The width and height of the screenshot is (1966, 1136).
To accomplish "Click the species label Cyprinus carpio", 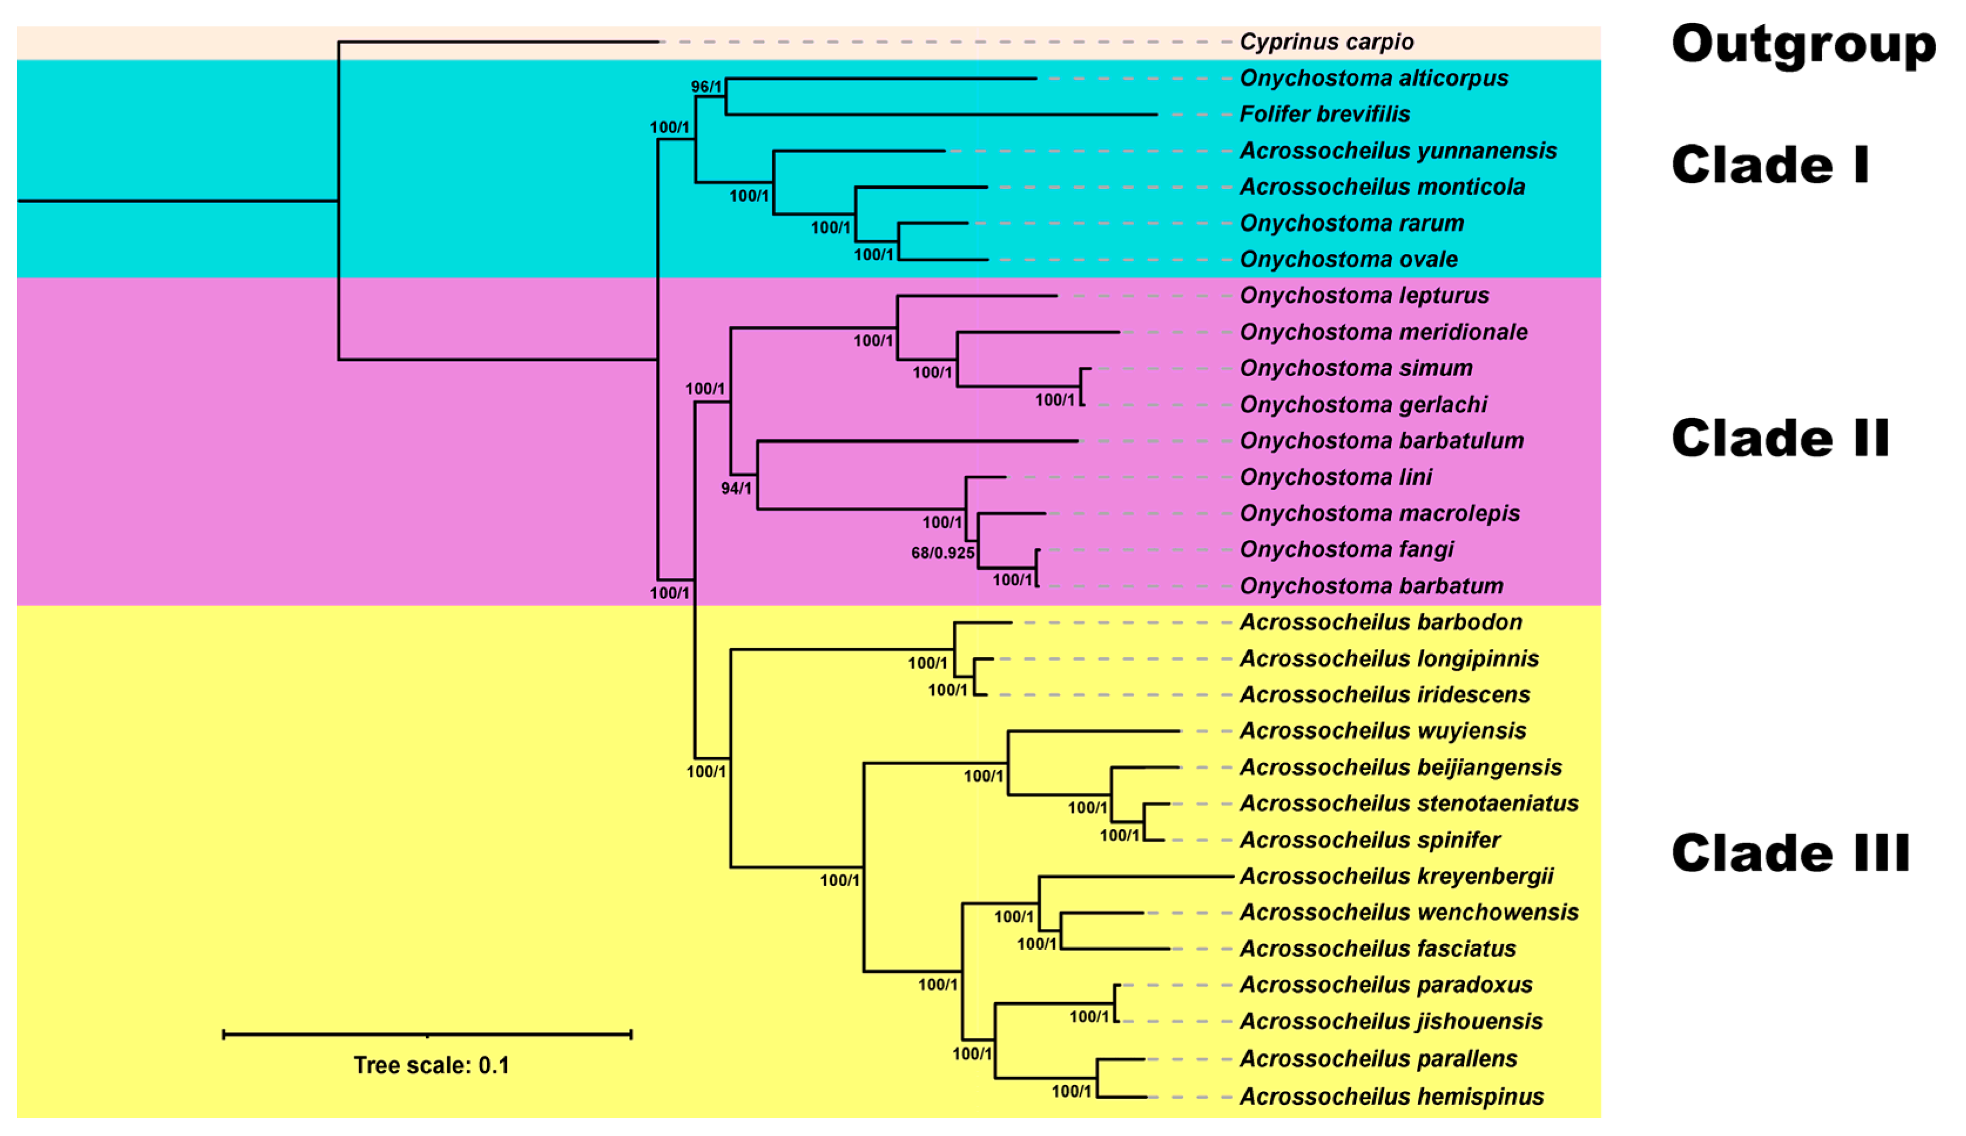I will [x=1326, y=42].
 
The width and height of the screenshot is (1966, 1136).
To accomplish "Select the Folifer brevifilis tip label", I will [x=1324, y=114].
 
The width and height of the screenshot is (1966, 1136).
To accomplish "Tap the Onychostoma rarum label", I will [x=1352, y=224].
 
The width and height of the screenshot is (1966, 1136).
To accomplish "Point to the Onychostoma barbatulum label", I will [x=1381, y=442].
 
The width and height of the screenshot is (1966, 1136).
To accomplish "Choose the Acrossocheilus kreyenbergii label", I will [x=1396, y=877].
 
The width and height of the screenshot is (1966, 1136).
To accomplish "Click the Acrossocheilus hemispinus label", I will [x=1391, y=1098].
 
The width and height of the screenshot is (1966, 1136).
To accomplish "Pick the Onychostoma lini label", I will [x=1335, y=478].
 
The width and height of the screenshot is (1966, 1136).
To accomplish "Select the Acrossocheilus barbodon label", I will [x=1380, y=623].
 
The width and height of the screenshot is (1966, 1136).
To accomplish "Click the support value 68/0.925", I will [x=942, y=553].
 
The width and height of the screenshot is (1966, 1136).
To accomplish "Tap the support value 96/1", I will [x=706, y=87].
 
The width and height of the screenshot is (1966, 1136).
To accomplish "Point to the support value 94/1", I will [x=735, y=488].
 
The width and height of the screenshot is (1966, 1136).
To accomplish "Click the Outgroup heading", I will [x=1803, y=45].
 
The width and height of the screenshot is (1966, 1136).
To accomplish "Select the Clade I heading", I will [x=1770, y=165].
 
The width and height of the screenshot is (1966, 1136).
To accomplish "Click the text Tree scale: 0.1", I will [x=431, y=1066].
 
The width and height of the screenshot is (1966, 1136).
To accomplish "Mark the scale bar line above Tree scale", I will [x=427, y=1035].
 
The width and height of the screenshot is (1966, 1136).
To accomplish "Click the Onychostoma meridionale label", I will [x=1383, y=332].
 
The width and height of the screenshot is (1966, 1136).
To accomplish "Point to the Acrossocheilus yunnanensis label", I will [x=1397, y=151].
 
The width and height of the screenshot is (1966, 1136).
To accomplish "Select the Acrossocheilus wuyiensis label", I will [x=1382, y=732].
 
